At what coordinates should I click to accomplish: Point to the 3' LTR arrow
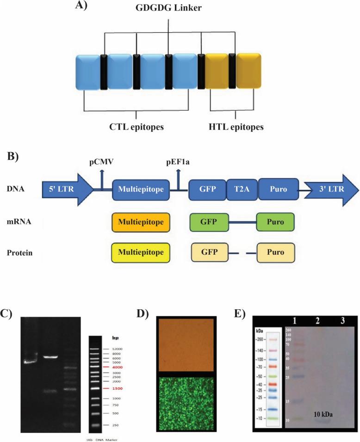[x=333, y=189]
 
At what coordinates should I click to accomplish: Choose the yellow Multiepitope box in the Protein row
[x=141, y=254]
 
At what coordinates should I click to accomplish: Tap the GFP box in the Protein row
[x=209, y=254]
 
